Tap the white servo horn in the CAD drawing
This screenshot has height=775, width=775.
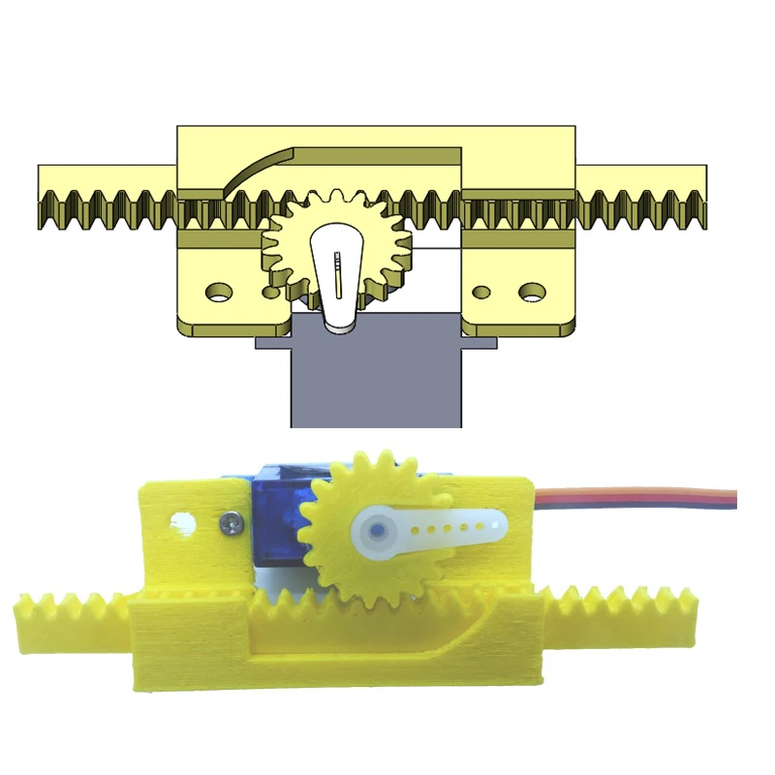(338, 291)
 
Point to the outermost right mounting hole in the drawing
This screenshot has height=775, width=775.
(531, 290)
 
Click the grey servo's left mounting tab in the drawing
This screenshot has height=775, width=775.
(271, 342)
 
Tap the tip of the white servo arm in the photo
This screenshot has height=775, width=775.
(496, 525)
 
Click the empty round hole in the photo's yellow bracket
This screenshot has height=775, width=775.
(181, 523)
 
